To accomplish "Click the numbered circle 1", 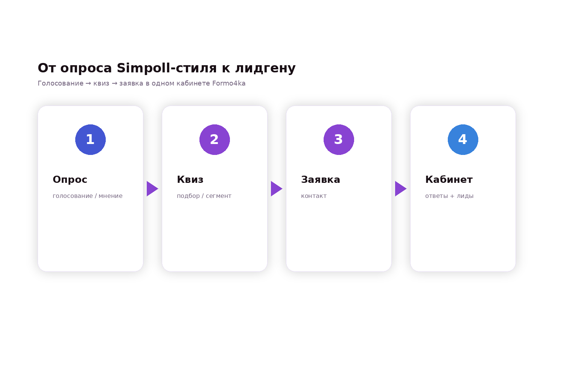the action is point(90,139).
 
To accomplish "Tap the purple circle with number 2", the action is point(214,139).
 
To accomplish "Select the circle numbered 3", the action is point(339,139).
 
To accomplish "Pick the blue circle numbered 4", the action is point(463,139).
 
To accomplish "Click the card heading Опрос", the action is point(70,179).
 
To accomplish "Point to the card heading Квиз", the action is point(190,179).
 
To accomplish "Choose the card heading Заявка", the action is point(321,179).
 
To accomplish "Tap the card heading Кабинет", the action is point(449,179).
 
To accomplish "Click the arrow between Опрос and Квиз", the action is point(152,189).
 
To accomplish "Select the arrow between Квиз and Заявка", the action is point(277,189).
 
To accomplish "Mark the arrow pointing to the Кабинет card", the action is point(401,189).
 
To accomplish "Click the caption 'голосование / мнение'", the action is point(87,196).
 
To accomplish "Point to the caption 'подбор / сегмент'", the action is point(204,196).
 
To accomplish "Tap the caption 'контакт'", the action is point(314,196).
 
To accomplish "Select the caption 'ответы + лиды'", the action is point(449,196).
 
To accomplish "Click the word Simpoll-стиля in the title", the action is point(167,68).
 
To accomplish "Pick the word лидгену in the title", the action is point(265,69).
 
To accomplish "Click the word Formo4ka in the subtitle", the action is point(229,83).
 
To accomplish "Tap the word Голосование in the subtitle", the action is point(60,83).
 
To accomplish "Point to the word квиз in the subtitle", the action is point(101,84).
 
